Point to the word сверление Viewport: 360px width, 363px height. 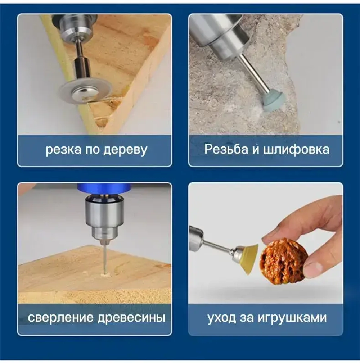(60, 318)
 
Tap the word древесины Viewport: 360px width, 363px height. (131, 318)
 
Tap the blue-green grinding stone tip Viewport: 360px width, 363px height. (274, 102)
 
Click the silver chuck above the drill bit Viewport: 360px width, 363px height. (104, 218)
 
